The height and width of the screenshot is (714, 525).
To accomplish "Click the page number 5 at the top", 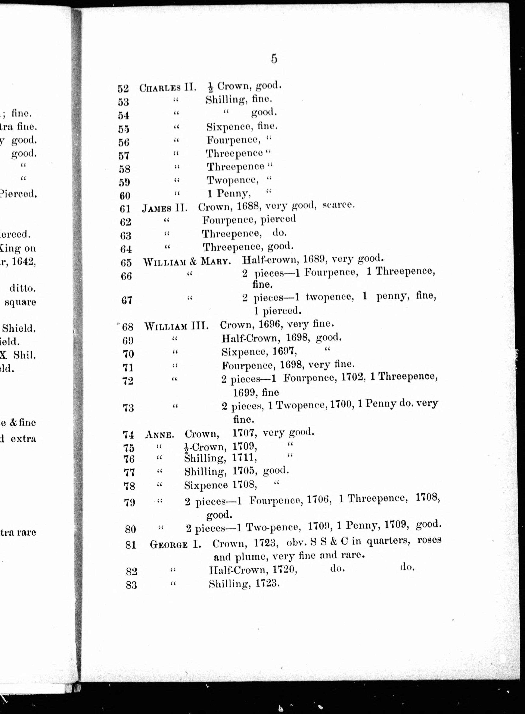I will point(274,59).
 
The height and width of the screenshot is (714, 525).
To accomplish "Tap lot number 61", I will point(125,209).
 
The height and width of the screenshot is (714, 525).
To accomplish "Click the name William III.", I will point(176,326).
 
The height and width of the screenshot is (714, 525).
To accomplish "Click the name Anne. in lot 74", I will point(159,435).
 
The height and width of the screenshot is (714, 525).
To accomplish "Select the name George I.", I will point(175,545).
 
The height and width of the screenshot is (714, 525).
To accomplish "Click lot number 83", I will point(131,584).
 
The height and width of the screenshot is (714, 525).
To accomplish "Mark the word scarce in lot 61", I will point(338,205).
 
